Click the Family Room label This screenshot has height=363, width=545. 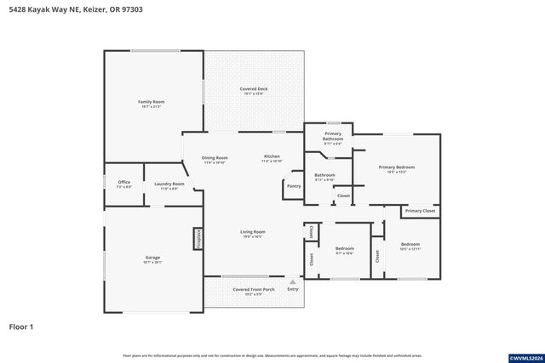coord(152,102)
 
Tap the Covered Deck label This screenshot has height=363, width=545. coord(253,89)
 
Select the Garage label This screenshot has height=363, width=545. coord(152,258)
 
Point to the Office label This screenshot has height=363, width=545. coord(123,183)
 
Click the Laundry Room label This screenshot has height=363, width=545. coord(169,184)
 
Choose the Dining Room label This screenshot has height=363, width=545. coord(215,157)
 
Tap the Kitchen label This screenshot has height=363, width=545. coord(272,157)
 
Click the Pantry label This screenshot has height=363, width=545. coord(294,186)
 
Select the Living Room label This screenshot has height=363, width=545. coord(252,232)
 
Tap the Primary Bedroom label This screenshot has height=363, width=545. coord(397,167)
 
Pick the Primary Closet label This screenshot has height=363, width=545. coord(420,211)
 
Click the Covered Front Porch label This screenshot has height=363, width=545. coord(254,289)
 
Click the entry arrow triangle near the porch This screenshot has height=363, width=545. coord(292,281)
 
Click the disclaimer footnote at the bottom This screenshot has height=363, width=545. coord(272,355)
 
